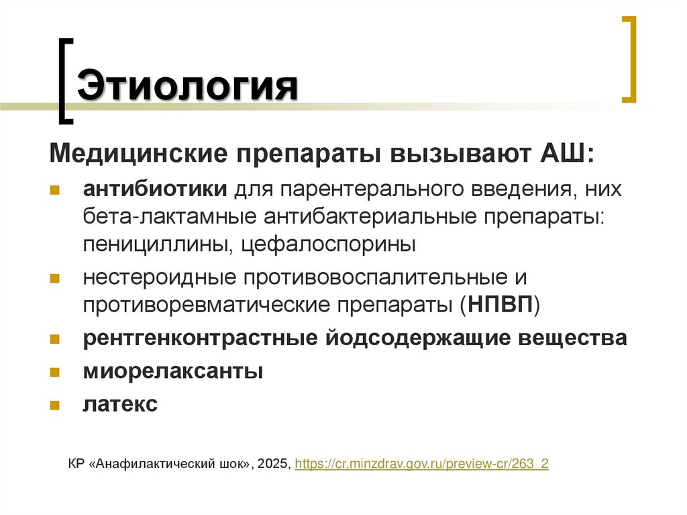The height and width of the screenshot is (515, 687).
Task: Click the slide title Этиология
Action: [188, 87]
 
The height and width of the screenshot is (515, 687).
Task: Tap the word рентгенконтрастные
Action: [201, 338]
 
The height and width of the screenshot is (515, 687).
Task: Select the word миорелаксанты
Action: [172, 371]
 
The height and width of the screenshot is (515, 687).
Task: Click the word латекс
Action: [121, 404]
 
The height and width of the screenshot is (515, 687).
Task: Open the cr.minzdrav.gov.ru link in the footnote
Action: [422, 464]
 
